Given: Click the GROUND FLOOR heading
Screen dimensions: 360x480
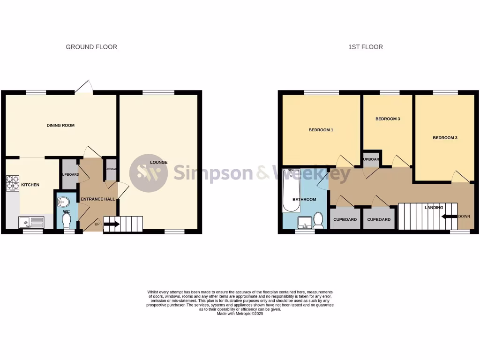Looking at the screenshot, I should point(91,47).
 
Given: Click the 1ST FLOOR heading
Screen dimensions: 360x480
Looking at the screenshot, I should point(365,47).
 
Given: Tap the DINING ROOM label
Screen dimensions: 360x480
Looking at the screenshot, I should point(60,126).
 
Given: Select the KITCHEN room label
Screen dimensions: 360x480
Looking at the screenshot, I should point(30,185).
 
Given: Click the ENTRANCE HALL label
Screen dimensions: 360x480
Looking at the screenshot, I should point(97,199).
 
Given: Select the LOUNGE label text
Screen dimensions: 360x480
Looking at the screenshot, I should point(159,163).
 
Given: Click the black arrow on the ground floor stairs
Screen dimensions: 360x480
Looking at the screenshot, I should point(112,224).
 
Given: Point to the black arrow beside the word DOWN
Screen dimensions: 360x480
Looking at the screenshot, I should point(449,217).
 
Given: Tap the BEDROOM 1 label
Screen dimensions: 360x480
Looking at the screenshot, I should point(321,130).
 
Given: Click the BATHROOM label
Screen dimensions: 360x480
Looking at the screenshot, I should point(304,200).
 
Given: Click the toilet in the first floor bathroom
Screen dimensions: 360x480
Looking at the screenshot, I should point(318,220).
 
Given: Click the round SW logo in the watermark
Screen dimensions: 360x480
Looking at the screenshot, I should point(148,173).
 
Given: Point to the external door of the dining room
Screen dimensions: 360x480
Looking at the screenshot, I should point(84,87).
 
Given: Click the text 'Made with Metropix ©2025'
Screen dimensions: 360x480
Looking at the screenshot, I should point(240,314).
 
